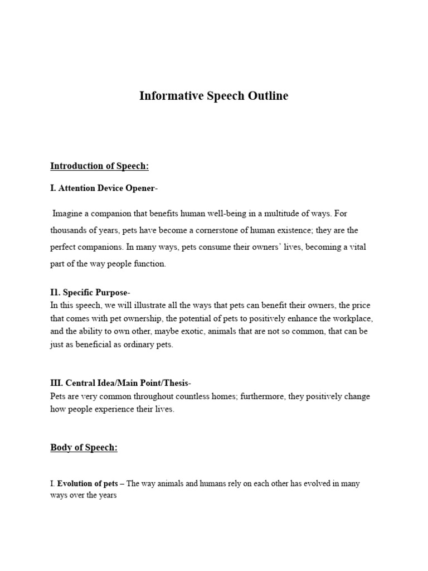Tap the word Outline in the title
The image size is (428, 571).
tap(269, 96)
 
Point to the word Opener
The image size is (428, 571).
tap(140, 188)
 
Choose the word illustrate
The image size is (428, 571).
tap(142, 305)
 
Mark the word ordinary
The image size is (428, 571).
tap(143, 344)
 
